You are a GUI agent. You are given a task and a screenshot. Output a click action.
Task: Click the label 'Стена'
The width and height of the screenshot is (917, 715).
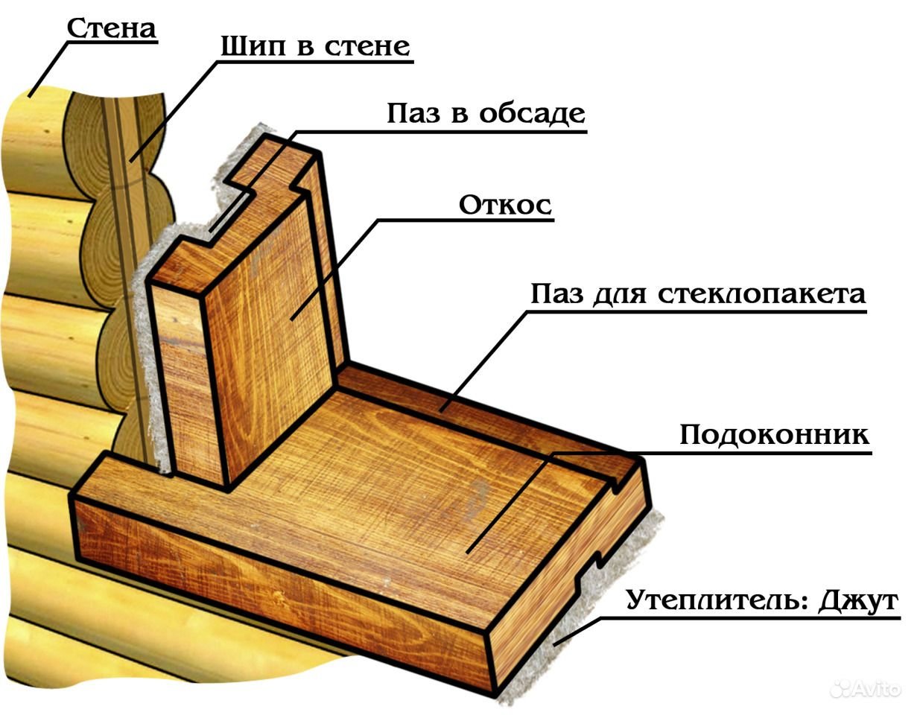click(112, 28)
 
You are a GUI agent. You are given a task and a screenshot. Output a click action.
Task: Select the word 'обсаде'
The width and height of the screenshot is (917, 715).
click(532, 114)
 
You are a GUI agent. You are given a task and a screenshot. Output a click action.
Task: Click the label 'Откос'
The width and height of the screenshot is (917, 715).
click(505, 206)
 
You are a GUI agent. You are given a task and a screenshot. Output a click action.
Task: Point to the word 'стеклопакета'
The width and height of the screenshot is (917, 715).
click(762, 294)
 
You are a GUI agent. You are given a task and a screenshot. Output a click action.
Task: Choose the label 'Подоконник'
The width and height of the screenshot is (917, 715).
click(775, 435)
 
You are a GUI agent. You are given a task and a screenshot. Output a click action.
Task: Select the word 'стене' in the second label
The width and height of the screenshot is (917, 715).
click(367, 46)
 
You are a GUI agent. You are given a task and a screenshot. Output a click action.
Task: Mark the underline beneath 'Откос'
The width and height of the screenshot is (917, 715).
click(466, 220)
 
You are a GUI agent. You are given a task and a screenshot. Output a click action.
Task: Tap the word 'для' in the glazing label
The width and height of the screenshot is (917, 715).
click(620, 295)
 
